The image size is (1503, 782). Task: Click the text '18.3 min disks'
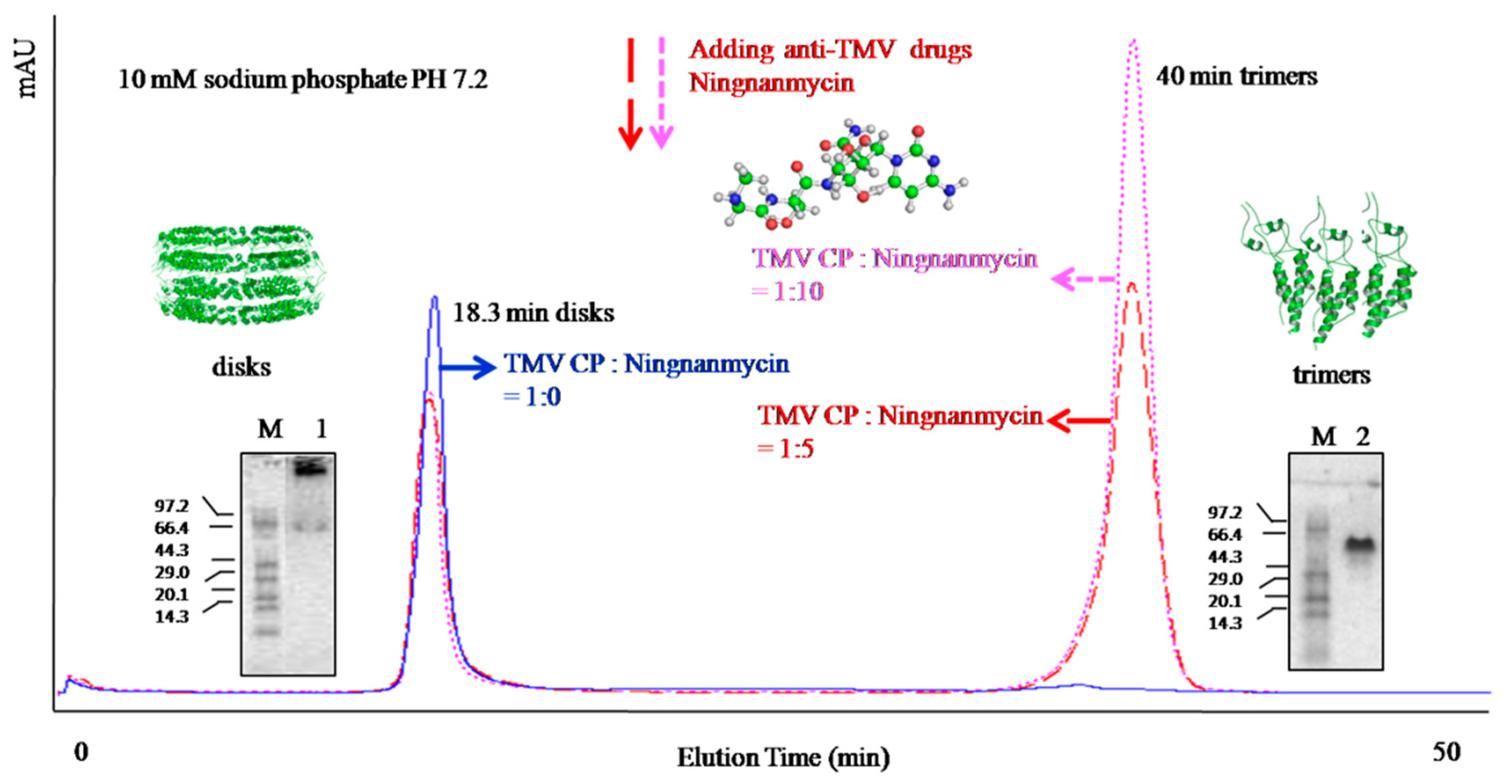(533, 313)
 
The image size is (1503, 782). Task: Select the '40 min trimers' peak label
(1236, 76)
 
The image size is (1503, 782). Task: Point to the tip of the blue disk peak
(434, 298)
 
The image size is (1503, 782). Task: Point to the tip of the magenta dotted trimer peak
(1133, 41)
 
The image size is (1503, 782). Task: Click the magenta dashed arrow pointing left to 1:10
(1082, 279)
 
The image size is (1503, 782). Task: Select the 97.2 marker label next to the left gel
(172, 506)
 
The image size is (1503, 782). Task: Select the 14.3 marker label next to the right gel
(1225, 623)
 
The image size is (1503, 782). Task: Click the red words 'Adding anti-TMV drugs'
(829, 50)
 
